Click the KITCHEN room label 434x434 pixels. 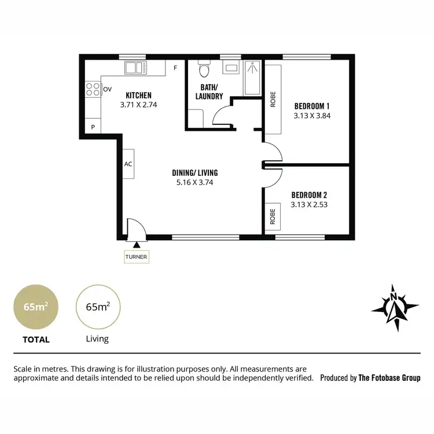138,95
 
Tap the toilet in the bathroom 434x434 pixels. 203,70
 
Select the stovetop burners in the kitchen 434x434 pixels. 93,89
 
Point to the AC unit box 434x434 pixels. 128,164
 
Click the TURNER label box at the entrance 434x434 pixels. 137,256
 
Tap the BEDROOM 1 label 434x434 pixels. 312,106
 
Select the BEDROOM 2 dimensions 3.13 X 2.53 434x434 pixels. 309,204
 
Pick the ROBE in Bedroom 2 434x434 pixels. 273,217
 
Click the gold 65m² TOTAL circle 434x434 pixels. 35,307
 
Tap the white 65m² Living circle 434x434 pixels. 97,307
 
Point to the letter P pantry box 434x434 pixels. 93,127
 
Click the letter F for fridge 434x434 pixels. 175,68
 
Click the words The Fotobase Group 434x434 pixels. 389,378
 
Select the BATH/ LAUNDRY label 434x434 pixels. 209,92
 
